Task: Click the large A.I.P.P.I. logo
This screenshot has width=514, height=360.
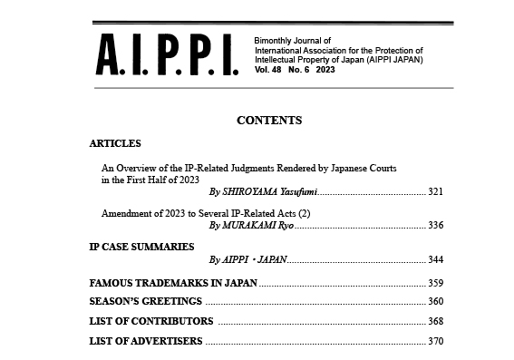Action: [x=166, y=56]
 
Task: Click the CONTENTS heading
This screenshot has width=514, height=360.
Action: [x=269, y=121]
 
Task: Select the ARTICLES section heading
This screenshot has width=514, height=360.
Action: [x=115, y=143]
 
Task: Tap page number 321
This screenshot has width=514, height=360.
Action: [x=435, y=192]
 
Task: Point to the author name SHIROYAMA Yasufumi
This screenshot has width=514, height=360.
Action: [x=263, y=192]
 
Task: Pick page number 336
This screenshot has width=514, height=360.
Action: [x=435, y=225]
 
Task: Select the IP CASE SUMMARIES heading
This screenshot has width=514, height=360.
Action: [x=141, y=246]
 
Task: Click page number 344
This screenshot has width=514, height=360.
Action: [x=435, y=259]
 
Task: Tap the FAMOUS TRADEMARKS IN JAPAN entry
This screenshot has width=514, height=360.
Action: [x=173, y=283]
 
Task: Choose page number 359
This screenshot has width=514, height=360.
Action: [x=435, y=283]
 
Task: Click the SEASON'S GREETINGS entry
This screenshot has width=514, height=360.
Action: [x=146, y=301]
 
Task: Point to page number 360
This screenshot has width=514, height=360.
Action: [x=435, y=301]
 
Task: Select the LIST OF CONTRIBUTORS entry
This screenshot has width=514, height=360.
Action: [x=151, y=321]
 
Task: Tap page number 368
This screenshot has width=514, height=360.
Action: [x=435, y=321]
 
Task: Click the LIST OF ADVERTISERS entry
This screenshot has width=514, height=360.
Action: [x=146, y=341]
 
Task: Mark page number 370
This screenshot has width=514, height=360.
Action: [x=435, y=341]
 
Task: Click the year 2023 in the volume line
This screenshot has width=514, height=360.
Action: [x=325, y=69]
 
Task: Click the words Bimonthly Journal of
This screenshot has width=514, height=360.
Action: [x=288, y=42]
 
